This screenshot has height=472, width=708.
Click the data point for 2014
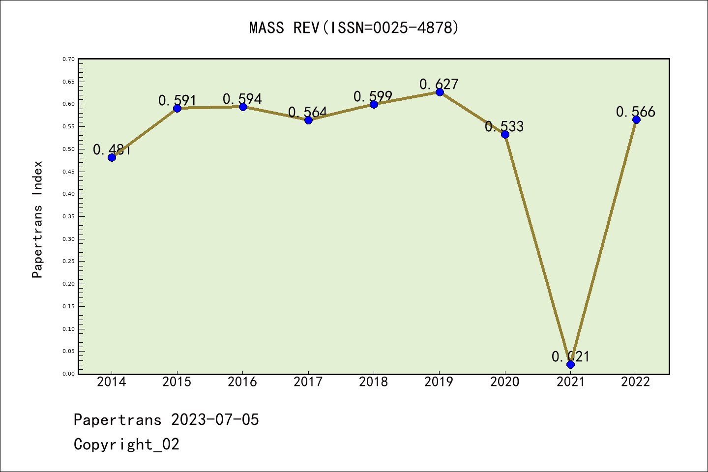[x=112, y=157]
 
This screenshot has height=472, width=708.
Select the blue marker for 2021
[x=570, y=364]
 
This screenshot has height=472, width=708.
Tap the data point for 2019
[x=440, y=92]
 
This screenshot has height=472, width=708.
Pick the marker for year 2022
[x=636, y=119]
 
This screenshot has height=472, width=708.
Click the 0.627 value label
[x=439, y=84]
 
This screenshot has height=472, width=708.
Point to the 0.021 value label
[x=570, y=356]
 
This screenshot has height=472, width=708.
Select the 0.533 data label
[x=504, y=126]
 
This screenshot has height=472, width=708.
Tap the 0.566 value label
[x=636, y=112]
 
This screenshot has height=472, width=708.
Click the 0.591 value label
[x=177, y=100]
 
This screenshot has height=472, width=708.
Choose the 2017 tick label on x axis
[x=308, y=382]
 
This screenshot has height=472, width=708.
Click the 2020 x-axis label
[x=505, y=382]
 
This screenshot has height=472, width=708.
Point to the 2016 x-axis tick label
[x=242, y=382]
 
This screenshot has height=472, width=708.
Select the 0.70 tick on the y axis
[x=68, y=59]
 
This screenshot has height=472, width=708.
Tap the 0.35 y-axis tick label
[x=68, y=216]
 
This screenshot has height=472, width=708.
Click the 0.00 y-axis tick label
[x=68, y=374]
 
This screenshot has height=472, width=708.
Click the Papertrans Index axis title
[x=38, y=219]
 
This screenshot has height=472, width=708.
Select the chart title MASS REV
[x=354, y=28]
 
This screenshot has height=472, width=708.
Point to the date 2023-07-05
[x=215, y=419]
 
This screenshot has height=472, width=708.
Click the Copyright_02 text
[x=127, y=444]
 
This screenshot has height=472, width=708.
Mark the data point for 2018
[x=374, y=104]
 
